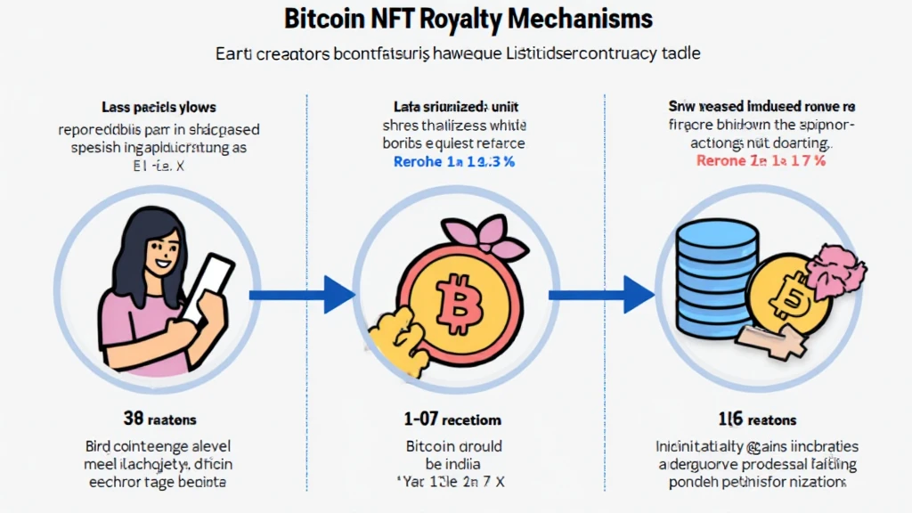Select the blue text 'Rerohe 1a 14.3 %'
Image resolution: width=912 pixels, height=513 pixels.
[454, 162]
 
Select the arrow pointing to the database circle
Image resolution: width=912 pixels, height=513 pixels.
[601, 295]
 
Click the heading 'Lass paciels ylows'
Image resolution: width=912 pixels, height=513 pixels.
[159, 108]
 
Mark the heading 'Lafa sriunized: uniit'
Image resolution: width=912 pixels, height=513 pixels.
[454, 108]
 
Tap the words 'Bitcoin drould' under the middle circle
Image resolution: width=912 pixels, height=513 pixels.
[453, 446]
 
